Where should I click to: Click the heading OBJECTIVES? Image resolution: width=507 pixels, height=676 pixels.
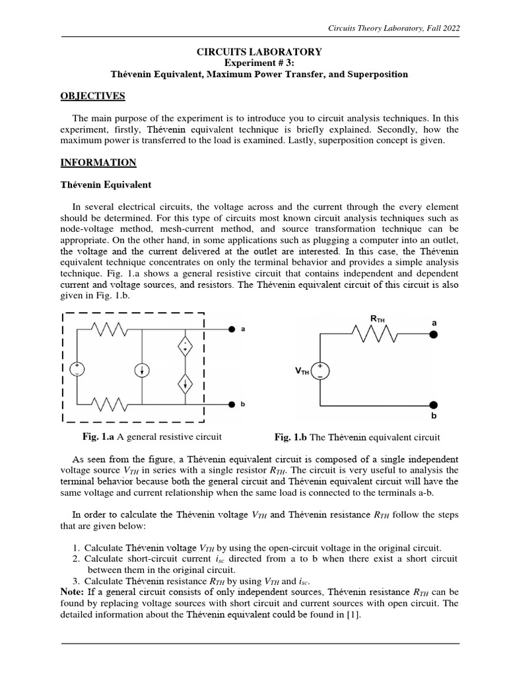(x=92, y=96)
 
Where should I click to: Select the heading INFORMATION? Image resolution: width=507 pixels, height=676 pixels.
(x=98, y=162)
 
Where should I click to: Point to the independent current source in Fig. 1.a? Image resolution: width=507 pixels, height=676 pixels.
(x=143, y=370)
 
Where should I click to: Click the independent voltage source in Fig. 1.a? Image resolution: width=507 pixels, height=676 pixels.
(x=78, y=370)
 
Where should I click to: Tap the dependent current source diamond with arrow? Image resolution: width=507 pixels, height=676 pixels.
(x=186, y=382)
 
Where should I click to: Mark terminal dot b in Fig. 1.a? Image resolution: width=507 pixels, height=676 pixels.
(x=232, y=404)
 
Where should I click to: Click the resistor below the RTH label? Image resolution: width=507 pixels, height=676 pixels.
(x=376, y=335)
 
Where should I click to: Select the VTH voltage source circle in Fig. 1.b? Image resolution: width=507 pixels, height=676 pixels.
(x=320, y=370)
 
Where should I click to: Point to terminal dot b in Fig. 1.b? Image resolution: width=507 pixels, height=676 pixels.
(x=433, y=405)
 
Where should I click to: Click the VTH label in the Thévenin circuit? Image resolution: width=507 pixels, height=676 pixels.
(x=302, y=372)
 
